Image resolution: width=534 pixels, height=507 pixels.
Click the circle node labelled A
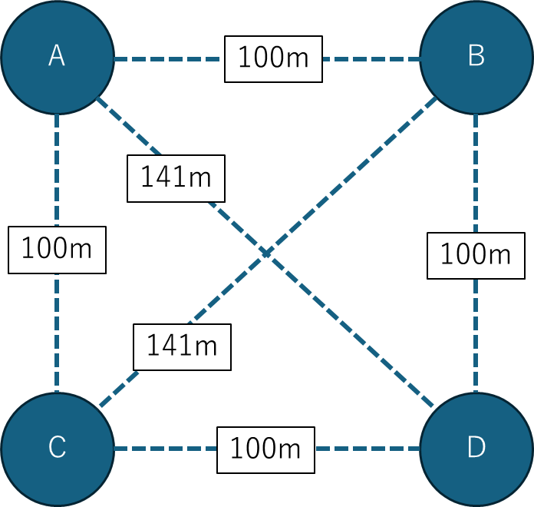[x=57, y=57]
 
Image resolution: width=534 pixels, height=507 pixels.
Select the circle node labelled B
[x=476, y=57]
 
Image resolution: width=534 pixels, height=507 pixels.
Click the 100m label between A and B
[x=273, y=58]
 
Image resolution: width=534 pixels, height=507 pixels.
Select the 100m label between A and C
[x=57, y=249]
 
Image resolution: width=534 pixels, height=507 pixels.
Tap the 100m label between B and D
[x=476, y=253]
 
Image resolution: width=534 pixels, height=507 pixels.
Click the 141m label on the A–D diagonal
[x=176, y=178]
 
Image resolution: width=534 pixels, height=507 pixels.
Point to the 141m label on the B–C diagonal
[x=182, y=346]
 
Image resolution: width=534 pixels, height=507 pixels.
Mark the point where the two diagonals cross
[x=266, y=253]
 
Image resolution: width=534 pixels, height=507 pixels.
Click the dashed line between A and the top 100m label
[x=169, y=58]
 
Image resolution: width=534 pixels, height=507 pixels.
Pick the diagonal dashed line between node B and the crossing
[x=353, y=173]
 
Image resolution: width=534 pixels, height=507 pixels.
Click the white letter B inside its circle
[x=476, y=56]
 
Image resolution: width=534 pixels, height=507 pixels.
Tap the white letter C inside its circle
[x=57, y=448]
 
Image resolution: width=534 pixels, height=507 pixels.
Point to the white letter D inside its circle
[x=476, y=448]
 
